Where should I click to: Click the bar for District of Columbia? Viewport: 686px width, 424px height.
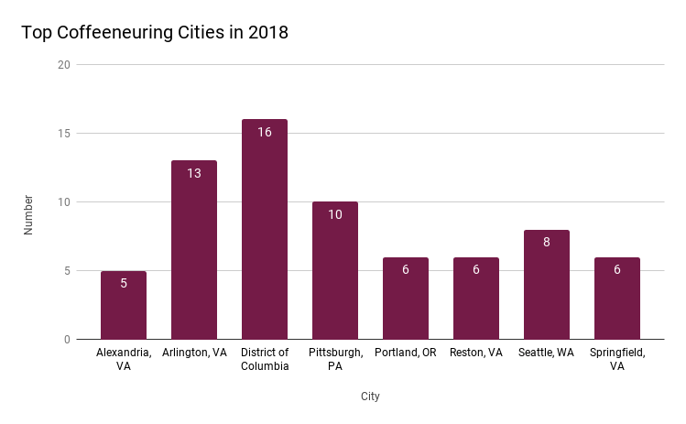[265, 229]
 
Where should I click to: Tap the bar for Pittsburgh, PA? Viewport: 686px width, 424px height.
[335, 270]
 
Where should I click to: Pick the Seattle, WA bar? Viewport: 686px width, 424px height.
[546, 284]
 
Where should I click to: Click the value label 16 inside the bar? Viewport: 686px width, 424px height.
[265, 132]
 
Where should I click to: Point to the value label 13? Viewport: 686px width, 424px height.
[194, 173]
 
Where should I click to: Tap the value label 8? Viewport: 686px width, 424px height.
[546, 243]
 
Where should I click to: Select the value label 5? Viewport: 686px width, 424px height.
[124, 284]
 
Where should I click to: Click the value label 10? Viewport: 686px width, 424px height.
[335, 214]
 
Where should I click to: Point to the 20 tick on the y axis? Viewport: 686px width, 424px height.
[63, 65]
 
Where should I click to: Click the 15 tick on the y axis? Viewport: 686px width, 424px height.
[63, 134]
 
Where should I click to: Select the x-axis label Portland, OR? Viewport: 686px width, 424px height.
[406, 353]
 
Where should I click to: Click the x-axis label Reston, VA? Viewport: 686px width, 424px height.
[476, 353]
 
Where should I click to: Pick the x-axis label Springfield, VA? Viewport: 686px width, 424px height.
[616, 359]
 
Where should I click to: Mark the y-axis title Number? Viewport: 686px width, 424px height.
[28, 214]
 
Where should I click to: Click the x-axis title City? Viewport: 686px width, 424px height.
[370, 397]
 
